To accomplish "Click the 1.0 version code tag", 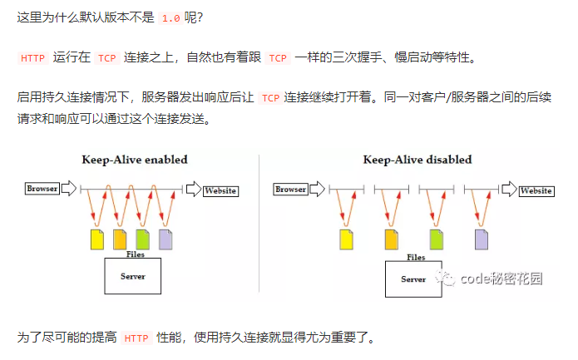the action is (x=170, y=18).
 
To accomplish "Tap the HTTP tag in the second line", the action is (x=32, y=58).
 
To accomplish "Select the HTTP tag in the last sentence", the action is (x=136, y=338).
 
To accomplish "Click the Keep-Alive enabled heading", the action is (x=135, y=160).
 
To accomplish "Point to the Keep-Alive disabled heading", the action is (x=417, y=160).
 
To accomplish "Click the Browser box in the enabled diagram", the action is (x=42, y=189).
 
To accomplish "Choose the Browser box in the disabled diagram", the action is (x=290, y=190).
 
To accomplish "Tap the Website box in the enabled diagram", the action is (x=221, y=191).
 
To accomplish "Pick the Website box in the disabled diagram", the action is (x=536, y=191).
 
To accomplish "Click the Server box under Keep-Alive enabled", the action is (x=133, y=276).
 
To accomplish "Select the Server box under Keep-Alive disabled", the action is (x=413, y=279).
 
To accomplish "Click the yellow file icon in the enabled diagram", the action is (x=97, y=239).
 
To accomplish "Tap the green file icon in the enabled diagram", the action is (x=143, y=239).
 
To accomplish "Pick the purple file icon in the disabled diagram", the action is (x=482, y=239).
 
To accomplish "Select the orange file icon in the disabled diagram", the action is (x=392, y=239).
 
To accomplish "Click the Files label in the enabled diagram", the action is (x=136, y=254).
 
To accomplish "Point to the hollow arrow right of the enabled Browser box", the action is (x=68, y=188).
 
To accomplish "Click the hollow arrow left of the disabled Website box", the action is (x=509, y=189).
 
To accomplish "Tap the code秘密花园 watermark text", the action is (x=501, y=279).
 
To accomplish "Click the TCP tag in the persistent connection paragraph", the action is (x=270, y=98).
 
